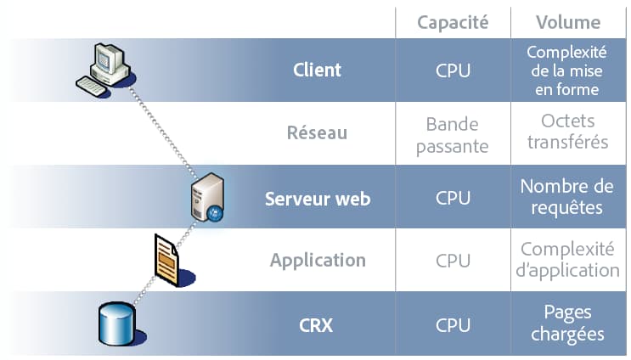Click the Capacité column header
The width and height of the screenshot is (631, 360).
453,23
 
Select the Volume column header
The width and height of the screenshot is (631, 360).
568,23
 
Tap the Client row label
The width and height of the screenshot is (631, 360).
317,70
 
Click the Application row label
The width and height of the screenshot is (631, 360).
318,261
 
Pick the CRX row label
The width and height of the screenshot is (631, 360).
317,324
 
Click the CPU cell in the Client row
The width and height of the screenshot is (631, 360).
453,70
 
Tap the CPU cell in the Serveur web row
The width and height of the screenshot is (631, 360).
453,198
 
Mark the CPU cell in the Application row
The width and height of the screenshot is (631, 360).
453,261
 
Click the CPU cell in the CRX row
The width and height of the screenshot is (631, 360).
453,324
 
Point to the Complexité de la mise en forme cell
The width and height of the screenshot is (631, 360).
568,70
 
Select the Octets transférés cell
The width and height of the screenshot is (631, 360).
568,132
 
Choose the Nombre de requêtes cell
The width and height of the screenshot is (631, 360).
568,197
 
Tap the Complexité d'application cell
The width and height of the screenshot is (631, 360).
568,260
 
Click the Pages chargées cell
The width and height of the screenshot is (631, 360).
568,323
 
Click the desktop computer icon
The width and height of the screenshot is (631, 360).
103,67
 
